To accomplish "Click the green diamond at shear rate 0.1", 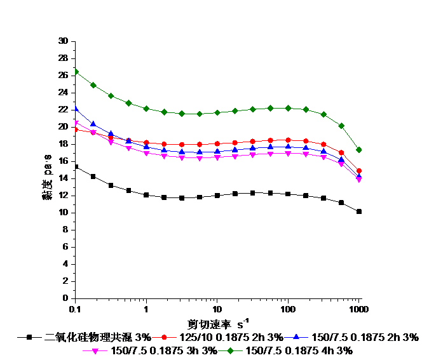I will tap(76, 72).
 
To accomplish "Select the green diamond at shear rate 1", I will tap(146, 109).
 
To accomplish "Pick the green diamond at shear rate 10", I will tap(217, 113).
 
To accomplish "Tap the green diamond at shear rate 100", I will tap(288, 108).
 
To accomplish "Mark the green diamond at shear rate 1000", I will tap(359, 150).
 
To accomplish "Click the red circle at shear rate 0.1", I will tap(76, 130).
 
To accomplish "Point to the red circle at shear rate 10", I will tap(217, 144).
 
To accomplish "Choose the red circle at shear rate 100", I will tap(288, 140).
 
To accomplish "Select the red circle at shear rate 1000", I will tap(359, 171).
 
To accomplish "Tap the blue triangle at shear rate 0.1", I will tap(76, 108).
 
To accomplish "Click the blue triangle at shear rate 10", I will tap(217, 151).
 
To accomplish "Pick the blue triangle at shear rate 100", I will tap(288, 146).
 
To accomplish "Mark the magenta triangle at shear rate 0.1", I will tap(76, 123).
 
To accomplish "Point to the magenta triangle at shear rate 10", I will tap(217, 157).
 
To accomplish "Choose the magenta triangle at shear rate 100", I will tap(288, 154).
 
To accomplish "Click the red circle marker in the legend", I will tap(164, 337).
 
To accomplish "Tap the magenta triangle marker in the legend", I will tap(95, 350).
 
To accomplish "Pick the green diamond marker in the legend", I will tap(231, 350).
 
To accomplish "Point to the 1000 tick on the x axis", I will tap(359, 309).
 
